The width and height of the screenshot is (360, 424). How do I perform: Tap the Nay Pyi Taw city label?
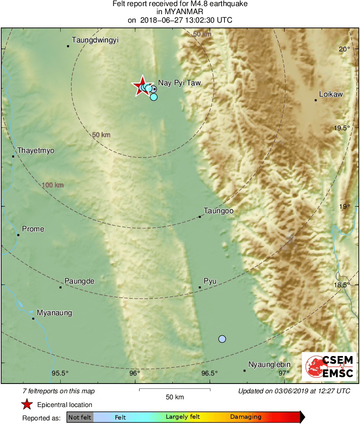179,83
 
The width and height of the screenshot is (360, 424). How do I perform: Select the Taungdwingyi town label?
95,40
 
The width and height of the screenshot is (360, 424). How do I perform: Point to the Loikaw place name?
330,94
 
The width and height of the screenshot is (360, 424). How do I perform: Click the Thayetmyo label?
36,151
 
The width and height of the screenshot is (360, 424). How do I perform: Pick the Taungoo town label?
218,211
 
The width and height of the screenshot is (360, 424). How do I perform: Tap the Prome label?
33,229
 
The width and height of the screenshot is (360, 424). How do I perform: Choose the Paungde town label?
79,281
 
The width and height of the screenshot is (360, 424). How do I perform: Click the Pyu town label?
210,281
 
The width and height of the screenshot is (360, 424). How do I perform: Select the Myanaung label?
54,313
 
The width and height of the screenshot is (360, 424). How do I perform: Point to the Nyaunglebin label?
269,365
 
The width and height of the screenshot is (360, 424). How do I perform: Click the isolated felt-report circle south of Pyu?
222,339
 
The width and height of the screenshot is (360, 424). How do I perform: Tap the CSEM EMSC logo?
329,367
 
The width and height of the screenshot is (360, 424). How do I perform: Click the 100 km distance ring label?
53,185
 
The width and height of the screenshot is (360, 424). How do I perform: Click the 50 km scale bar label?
175,397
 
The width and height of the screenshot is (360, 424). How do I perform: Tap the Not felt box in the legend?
80,417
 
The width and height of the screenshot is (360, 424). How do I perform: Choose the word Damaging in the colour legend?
246,417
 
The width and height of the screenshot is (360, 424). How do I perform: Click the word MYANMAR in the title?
180,12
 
